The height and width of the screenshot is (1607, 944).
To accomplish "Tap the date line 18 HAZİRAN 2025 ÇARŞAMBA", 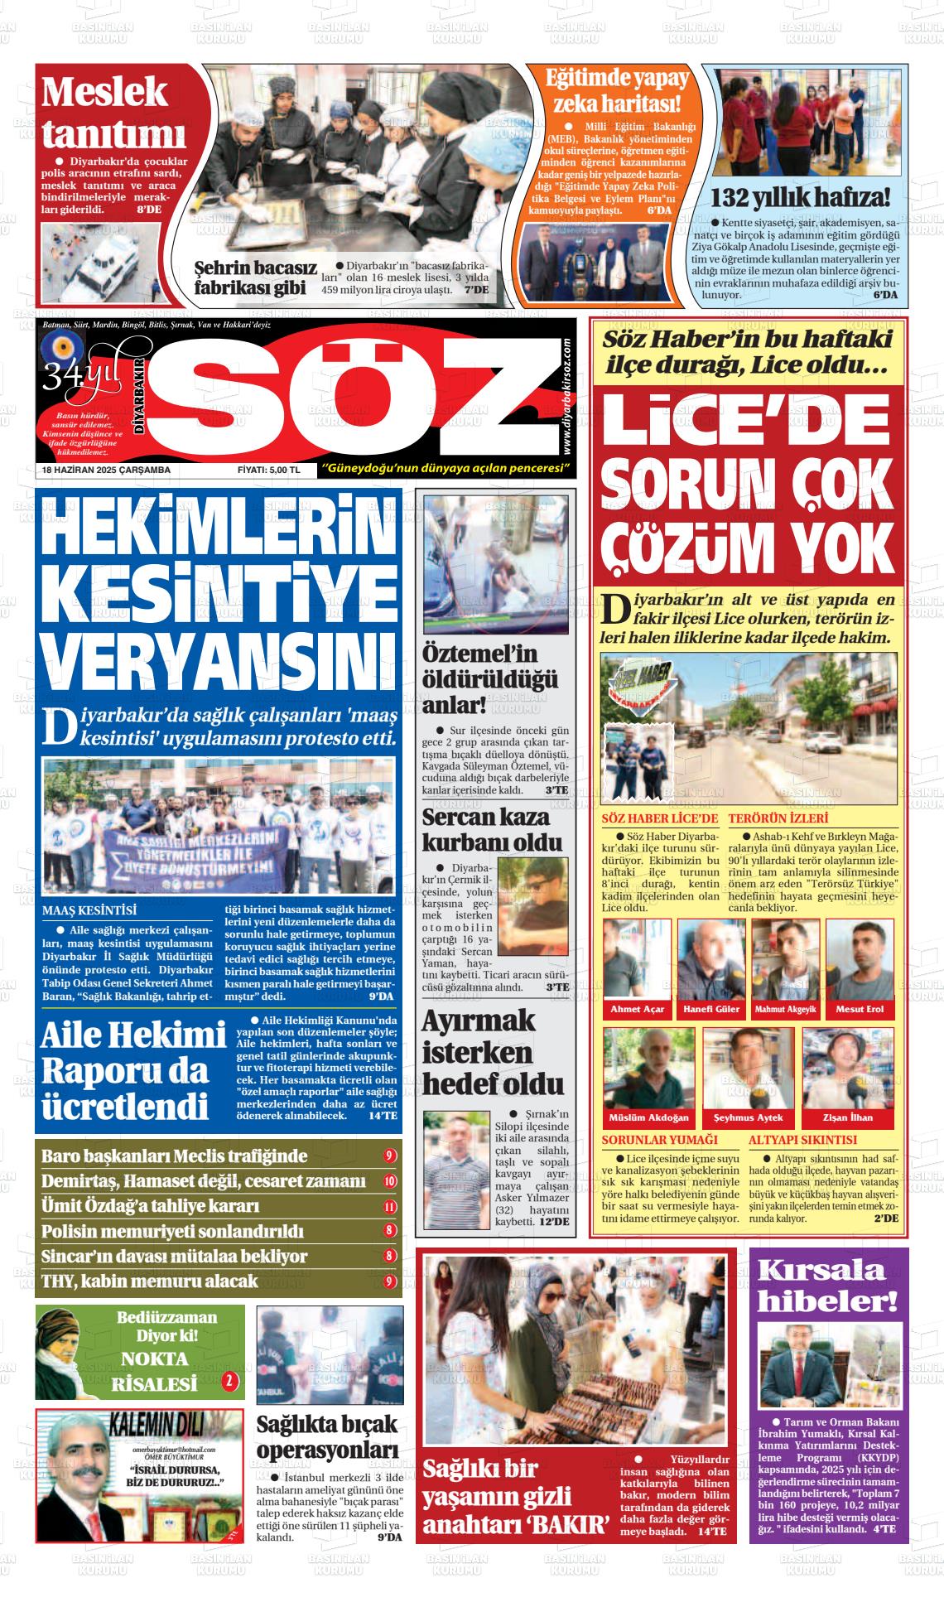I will tap(106, 470).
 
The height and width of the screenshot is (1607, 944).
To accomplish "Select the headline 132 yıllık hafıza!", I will tap(801, 198).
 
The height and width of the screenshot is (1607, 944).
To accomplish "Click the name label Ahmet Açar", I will tap(637, 1009).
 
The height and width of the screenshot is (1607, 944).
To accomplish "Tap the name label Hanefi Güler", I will tap(711, 1009).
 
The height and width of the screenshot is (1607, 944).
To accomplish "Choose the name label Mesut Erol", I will tap(860, 1009).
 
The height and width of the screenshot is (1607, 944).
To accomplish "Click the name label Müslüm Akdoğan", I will tap(648, 1117).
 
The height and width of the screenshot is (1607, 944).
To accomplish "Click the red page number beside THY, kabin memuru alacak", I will tap(390, 1281).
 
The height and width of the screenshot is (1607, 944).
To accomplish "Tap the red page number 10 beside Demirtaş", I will tap(390, 1181).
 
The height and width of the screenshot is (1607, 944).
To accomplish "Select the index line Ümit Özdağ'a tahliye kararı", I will tap(150, 1206).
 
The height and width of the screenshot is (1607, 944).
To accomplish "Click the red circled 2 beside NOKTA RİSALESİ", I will tap(229, 1381).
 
